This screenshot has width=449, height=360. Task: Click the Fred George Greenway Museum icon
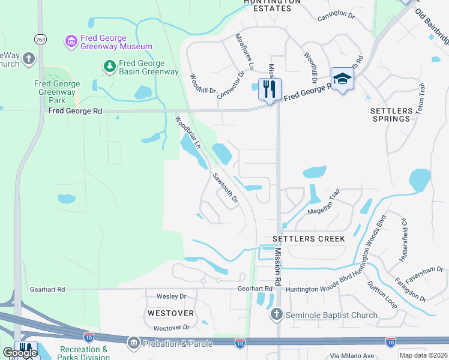pos(71,41)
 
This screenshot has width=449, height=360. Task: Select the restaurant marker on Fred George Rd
pos(270,90)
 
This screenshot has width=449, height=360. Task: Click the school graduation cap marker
pos(342,79)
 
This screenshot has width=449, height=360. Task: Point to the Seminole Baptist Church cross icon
pos(276,314)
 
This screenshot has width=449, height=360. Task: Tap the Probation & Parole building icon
pos(133,343)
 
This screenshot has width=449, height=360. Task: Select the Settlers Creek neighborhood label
pos(309,239)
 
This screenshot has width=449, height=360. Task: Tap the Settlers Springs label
pos(391,115)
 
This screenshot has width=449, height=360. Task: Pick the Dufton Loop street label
pos(382,295)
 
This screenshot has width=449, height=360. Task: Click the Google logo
pos(20,353)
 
